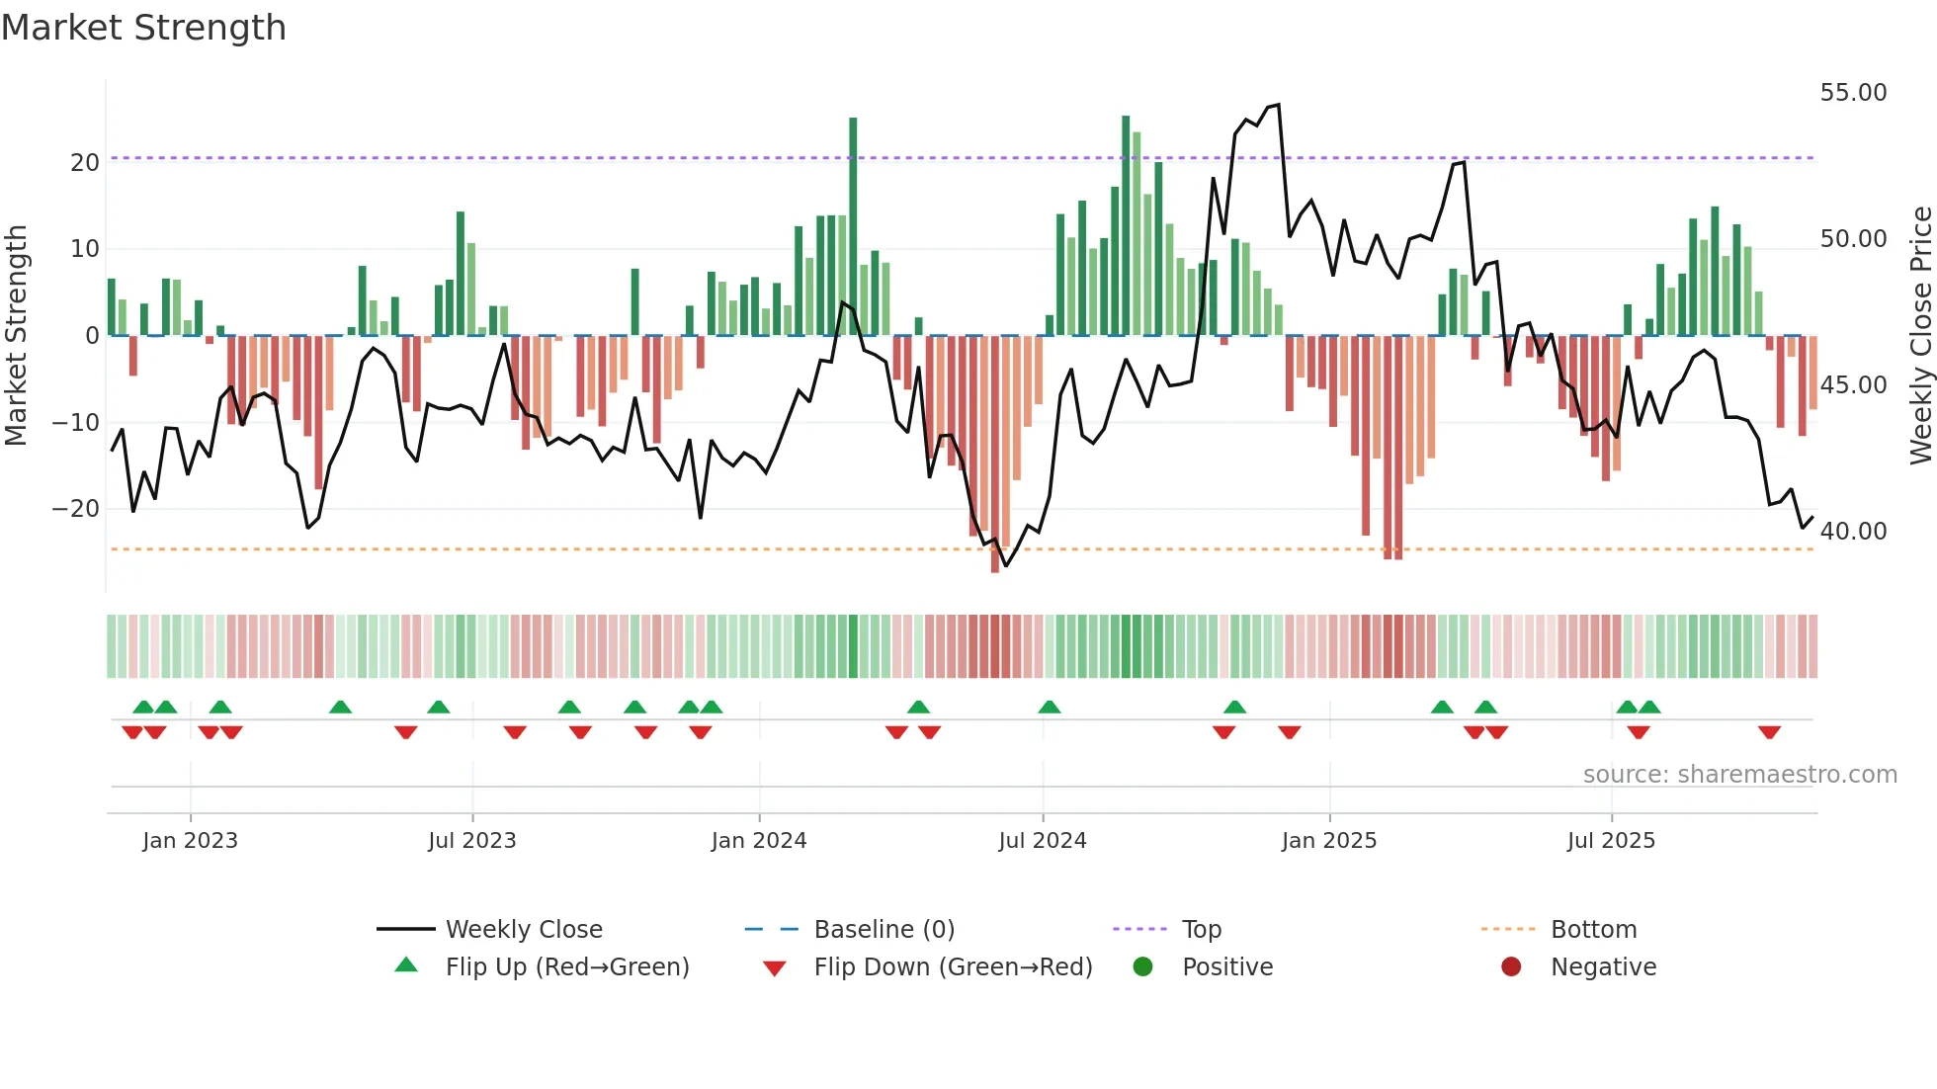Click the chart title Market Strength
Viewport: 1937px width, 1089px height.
143,28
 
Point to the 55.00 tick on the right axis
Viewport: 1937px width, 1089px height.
1853,93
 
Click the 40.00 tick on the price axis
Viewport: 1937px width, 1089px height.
1853,532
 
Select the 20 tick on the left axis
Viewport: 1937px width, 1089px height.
85,163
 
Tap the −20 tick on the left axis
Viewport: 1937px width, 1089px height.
77,509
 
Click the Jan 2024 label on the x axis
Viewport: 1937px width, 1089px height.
759,841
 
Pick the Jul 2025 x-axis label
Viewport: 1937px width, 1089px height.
1611,841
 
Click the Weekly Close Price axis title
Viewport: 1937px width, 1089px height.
1920,336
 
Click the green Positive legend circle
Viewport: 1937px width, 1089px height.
1143,967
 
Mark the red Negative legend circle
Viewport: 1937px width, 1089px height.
1511,967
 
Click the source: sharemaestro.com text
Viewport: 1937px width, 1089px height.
1739,775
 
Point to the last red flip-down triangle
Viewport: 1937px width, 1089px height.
1769,733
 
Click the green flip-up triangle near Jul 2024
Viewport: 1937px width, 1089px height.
1050,707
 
